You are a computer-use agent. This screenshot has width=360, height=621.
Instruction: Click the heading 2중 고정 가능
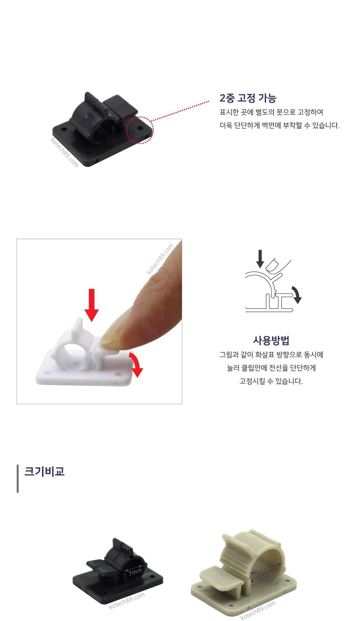coord(248,98)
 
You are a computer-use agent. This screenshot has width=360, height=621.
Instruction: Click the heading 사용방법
coord(271,340)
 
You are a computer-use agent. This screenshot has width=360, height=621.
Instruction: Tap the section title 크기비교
coord(44,471)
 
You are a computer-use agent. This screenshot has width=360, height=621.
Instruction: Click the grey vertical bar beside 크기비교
coord(18,479)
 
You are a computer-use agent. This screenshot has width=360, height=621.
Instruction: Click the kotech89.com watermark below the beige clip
coord(258,611)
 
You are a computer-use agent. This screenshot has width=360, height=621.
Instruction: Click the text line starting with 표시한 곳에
coord(271,112)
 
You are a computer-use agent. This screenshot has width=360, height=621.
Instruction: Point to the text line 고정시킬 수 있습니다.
coord(271,381)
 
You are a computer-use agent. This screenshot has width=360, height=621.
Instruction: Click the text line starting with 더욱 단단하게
coord(280,126)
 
